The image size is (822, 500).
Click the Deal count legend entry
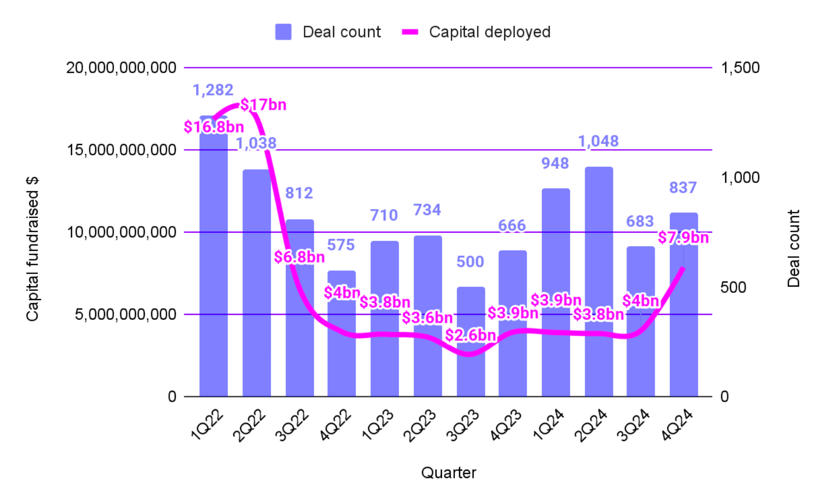(x=328, y=32)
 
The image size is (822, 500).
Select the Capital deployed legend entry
(x=476, y=32)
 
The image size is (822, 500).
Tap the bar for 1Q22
(x=213, y=262)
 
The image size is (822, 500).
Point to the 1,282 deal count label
(x=213, y=90)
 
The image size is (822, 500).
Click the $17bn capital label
(x=263, y=105)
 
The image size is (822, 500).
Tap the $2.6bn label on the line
(x=470, y=335)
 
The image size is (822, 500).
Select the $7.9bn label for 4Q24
(x=683, y=237)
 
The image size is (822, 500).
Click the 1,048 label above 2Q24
(x=598, y=141)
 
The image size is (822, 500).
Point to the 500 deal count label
(x=470, y=262)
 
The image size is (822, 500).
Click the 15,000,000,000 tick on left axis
(x=121, y=150)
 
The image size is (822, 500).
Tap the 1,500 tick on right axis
(x=740, y=67)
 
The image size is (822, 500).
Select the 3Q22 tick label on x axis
(x=293, y=426)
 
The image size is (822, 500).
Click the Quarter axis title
(x=448, y=473)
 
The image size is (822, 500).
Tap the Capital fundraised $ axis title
(x=32, y=249)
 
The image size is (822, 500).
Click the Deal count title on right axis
(x=793, y=249)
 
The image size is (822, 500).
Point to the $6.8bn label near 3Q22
(x=299, y=257)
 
